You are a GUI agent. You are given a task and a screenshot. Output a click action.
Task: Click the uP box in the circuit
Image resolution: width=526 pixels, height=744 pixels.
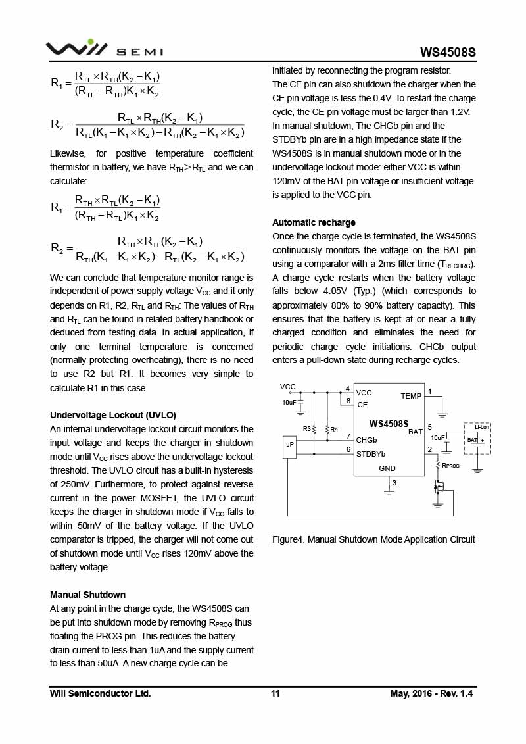point(290,445)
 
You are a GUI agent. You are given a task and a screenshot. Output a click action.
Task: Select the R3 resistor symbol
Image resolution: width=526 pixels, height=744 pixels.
point(314,429)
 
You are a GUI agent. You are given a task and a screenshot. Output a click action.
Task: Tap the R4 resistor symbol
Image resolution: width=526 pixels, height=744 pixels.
point(327,429)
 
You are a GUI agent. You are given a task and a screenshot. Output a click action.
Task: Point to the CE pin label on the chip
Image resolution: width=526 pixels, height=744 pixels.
point(362,405)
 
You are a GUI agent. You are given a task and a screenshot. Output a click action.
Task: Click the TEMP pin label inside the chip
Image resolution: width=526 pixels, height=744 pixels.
point(411,396)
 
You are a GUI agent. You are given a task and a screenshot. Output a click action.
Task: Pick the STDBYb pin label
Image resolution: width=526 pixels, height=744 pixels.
point(371,453)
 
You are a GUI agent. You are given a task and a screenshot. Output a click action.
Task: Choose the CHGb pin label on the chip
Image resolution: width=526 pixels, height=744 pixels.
point(366,440)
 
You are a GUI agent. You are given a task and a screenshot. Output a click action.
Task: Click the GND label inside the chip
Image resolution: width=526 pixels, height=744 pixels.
point(387,468)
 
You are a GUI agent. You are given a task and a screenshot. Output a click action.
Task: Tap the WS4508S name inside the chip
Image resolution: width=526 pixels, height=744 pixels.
point(389,424)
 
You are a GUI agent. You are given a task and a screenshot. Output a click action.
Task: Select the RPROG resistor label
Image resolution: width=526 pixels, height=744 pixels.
point(450,465)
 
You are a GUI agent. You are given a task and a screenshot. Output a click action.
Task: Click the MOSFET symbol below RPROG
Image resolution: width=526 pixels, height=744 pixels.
point(438,487)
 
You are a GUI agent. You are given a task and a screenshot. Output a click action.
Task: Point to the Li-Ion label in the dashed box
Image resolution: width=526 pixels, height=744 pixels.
point(482,428)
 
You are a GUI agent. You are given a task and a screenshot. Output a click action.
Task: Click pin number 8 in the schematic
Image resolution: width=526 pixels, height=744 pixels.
point(348,400)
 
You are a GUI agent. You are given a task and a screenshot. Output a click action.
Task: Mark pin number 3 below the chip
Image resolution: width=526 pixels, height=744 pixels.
point(394,483)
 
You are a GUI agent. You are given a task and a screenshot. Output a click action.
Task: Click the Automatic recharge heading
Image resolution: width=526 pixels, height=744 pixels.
point(314,222)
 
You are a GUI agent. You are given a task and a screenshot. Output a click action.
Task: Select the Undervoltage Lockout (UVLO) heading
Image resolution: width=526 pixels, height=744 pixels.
point(112,415)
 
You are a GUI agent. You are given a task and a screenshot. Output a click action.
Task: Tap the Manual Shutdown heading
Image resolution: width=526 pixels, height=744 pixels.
point(87,595)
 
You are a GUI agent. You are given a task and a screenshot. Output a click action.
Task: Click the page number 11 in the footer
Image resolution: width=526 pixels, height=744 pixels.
point(275,693)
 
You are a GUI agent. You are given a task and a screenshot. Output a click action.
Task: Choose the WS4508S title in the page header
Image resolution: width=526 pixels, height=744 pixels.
point(448,52)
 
